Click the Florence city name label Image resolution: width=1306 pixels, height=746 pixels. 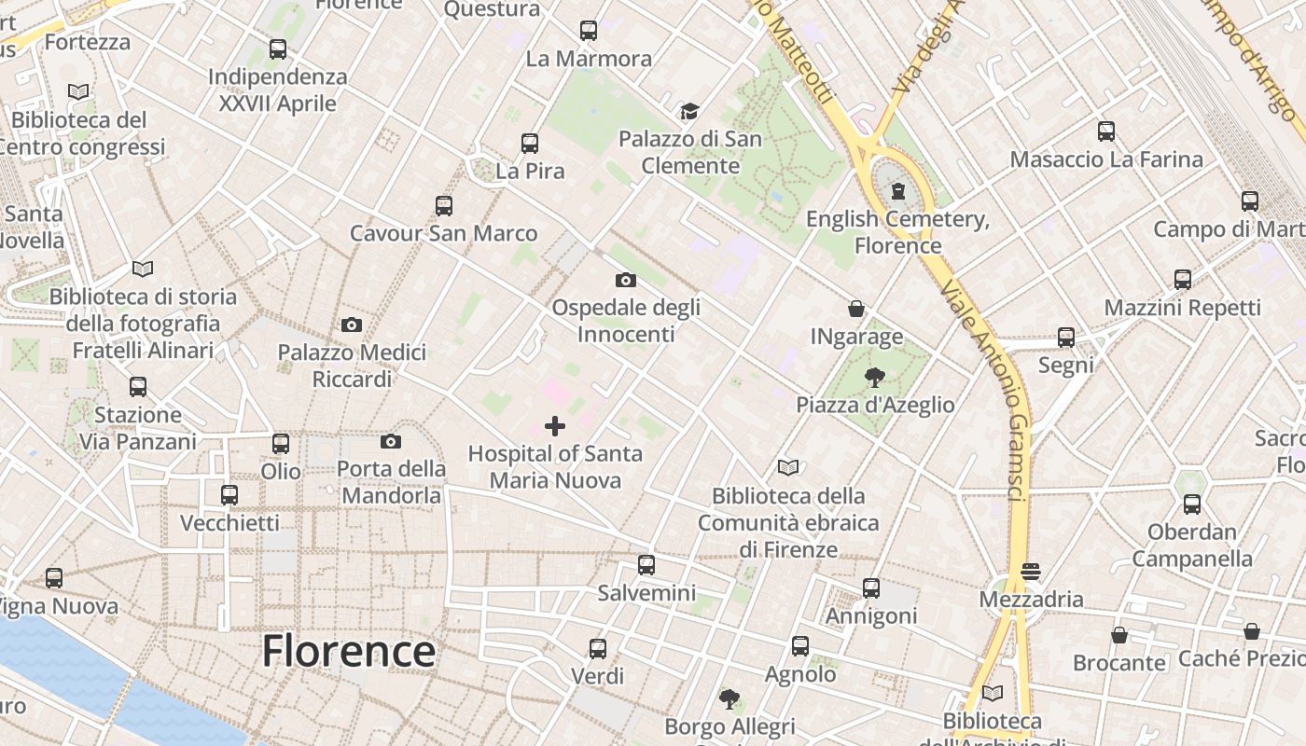tap(348, 651)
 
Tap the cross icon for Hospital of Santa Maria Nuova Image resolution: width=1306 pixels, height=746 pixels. tap(555, 426)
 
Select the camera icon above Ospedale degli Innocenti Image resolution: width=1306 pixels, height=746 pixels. tap(626, 280)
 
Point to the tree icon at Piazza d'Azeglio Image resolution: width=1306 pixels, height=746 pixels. tap(874, 377)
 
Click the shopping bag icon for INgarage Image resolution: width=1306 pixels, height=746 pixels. tap(855, 309)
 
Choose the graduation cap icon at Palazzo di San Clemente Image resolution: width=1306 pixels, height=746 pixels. tap(689, 112)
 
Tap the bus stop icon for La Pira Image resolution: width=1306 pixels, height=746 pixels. tap(530, 144)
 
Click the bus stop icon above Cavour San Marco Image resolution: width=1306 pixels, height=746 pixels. tap(444, 205)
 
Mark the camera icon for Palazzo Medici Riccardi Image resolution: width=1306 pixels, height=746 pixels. tap(352, 325)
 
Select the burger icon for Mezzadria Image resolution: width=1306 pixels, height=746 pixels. tap(1031, 571)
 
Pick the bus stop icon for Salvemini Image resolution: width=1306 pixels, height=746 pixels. tap(646, 565)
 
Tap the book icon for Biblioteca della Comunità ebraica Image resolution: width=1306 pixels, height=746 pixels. tap(788, 467)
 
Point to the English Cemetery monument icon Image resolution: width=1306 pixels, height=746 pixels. tap(897, 191)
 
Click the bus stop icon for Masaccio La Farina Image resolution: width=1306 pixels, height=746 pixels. tap(1106, 131)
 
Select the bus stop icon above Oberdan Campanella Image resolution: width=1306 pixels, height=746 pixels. tap(1192, 504)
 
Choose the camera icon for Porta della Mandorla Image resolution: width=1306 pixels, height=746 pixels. tap(391, 441)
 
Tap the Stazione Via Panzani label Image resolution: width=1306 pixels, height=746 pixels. tap(138, 428)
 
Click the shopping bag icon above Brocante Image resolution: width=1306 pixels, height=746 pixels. tap(1119, 635)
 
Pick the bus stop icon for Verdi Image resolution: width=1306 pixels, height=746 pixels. tap(598, 648)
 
